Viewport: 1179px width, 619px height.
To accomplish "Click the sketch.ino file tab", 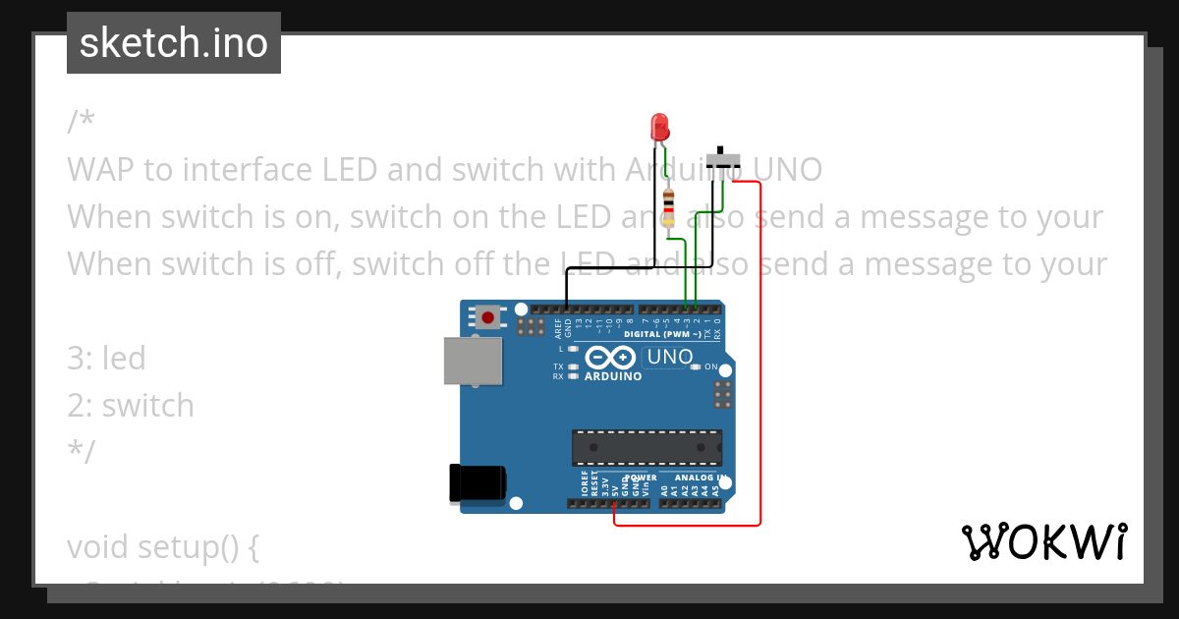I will click(174, 43).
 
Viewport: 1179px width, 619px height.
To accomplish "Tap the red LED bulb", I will click(659, 126).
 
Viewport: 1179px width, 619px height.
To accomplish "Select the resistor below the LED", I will click(669, 207).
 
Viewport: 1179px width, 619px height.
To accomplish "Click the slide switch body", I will click(726, 159).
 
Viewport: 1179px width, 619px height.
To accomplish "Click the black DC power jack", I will click(476, 483).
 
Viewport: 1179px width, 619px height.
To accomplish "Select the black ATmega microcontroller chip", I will click(647, 447).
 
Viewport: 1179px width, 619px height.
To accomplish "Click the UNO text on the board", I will click(670, 357).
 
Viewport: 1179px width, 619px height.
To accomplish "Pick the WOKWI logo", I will click(1043, 541).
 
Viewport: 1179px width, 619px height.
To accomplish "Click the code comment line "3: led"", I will click(106, 358).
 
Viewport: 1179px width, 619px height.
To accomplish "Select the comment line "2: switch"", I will click(131, 405).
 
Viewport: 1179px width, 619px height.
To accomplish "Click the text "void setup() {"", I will click(162, 545).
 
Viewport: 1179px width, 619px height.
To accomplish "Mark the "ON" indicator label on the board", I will click(710, 366).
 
